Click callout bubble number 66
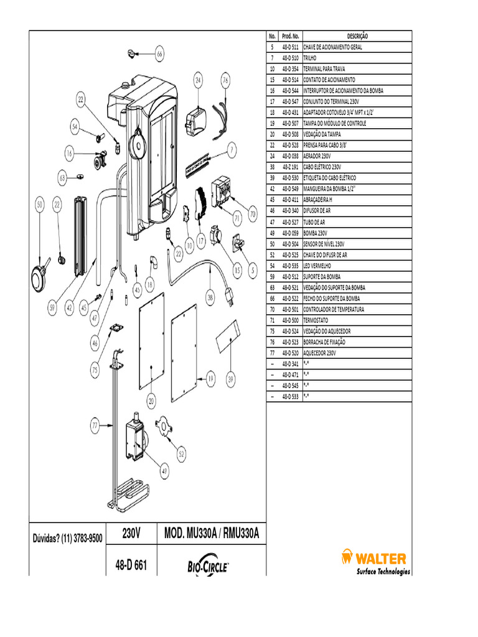point(159,54)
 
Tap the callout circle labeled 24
point(198,80)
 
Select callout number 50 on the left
point(39,204)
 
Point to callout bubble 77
point(95,426)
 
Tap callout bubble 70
point(253,214)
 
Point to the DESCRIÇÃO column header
point(357,36)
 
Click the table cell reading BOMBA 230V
point(357,233)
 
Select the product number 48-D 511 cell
point(290,47)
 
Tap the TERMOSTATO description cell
point(357,320)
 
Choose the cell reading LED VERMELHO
point(357,265)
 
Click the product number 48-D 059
point(290,233)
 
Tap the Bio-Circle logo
point(209,565)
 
